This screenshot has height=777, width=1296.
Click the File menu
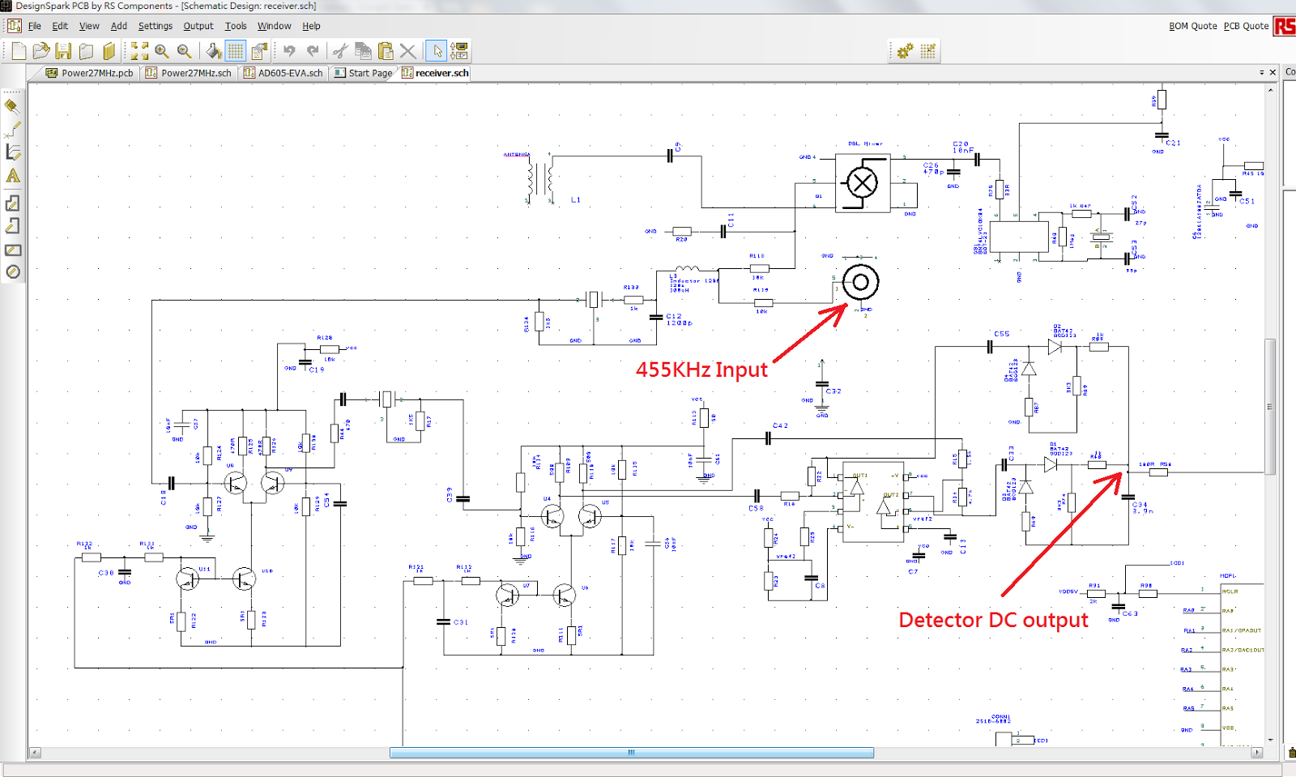pos(34,26)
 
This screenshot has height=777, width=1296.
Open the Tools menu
pos(235,26)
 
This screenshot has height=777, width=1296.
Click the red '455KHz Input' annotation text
pos(701,370)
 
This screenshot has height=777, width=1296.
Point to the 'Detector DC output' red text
pos(993,621)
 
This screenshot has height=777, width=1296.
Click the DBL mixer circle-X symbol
pos(862,183)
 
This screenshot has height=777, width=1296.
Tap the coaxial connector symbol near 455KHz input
pos(860,282)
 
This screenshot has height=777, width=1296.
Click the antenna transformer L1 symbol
pos(541,177)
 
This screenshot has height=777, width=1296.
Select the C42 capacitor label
pos(780,425)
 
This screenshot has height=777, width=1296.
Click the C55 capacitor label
pos(1002,334)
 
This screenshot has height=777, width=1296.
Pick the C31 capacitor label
pos(461,622)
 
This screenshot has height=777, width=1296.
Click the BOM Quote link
pos(1192,26)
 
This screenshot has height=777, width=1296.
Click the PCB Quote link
pos(1246,26)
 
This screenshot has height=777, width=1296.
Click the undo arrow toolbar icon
pos(289,51)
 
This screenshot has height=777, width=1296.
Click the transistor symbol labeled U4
pos(552,516)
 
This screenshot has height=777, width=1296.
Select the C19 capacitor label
pos(317,369)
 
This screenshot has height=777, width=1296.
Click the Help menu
pos(311,26)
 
